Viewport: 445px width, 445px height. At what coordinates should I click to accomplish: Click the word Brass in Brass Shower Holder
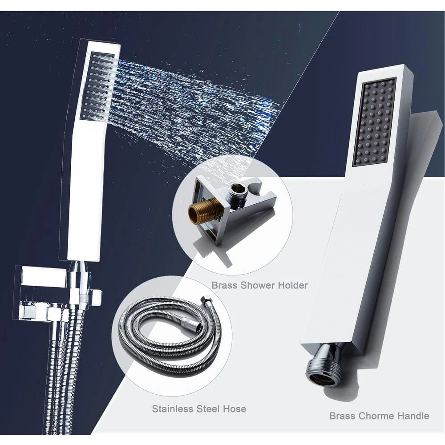[224, 285]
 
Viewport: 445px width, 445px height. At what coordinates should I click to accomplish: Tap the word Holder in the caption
[293, 285]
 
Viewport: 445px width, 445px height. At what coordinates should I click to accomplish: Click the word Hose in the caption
[235, 409]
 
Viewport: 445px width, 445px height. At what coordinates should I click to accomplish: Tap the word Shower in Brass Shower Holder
[257, 285]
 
